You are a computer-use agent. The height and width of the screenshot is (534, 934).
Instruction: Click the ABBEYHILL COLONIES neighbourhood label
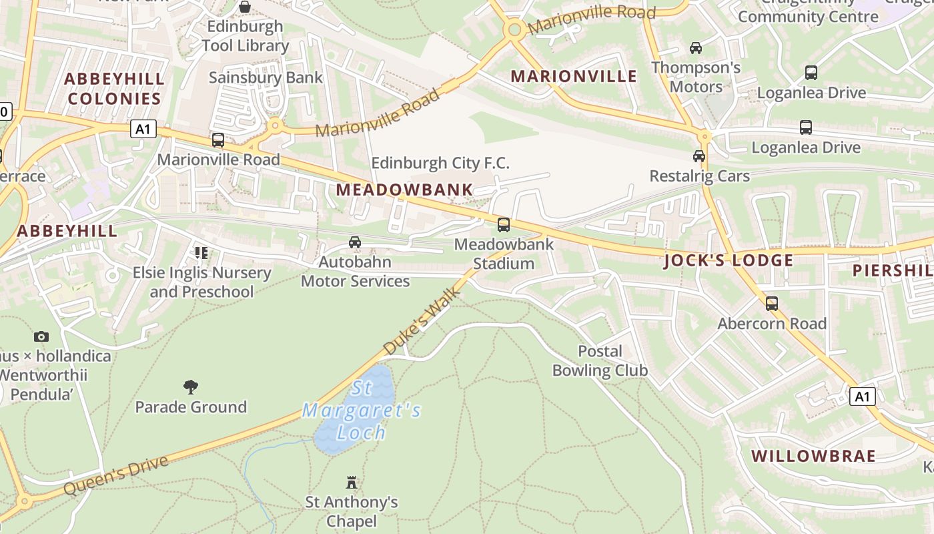114,89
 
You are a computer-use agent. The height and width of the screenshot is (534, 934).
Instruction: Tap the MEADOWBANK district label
404,190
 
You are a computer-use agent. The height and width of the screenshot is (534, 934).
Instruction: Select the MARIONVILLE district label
574,76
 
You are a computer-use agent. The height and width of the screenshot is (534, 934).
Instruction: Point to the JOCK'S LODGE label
729,260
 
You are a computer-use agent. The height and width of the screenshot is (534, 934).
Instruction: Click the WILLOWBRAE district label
813,456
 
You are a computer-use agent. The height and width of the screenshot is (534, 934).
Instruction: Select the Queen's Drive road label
116,475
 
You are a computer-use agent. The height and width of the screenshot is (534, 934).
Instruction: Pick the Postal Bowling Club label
600,360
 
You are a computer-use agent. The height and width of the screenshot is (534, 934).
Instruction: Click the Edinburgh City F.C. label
440,163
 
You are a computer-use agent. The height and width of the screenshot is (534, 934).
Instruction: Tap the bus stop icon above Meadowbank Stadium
504,225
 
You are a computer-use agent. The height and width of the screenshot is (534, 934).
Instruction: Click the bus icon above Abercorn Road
772,304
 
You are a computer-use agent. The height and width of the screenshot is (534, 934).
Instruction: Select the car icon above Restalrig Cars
699,156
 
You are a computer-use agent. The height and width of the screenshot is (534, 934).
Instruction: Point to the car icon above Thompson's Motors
696,48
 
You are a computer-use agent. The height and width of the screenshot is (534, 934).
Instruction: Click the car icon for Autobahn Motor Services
355,242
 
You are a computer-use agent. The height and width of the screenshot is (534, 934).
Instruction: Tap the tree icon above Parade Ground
191,386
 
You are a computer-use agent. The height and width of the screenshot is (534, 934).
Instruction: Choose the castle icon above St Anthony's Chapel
352,482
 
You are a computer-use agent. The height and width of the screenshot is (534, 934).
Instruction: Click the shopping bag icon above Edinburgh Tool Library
245,7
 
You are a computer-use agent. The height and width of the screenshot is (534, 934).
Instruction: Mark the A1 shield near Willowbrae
862,396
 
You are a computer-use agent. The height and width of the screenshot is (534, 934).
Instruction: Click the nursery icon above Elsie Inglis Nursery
201,252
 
